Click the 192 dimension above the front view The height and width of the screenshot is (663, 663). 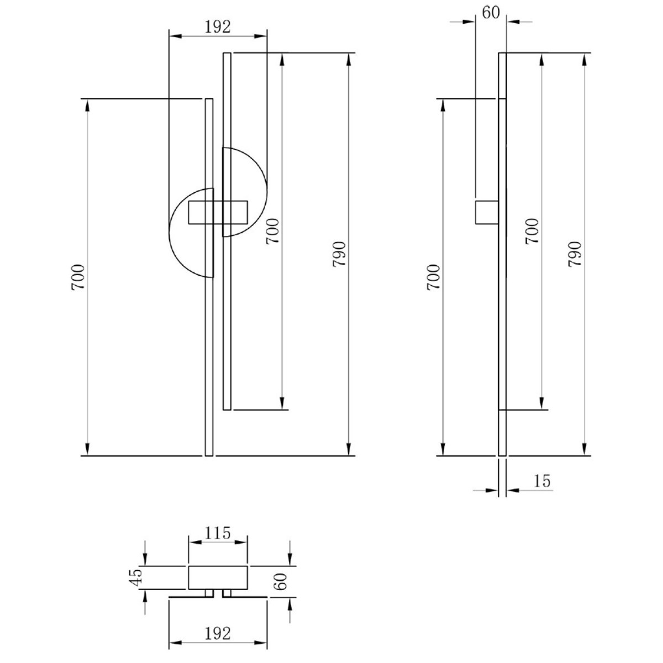(x=218, y=27)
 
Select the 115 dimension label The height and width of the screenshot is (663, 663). (x=218, y=534)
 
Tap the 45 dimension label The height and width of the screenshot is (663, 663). (x=136, y=577)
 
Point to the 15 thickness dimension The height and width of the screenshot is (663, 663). (x=542, y=481)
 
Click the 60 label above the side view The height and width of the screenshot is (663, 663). (x=491, y=13)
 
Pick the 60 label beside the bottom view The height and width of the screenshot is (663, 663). (x=281, y=581)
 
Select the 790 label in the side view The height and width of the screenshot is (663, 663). (x=574, y=254)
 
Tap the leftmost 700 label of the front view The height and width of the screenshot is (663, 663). (x=78, y=277)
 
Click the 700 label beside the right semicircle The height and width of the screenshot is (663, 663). (x=272, y=231)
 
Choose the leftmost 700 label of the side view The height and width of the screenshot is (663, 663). (x=433, y=277)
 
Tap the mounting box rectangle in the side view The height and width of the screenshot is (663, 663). (x=487, y=212)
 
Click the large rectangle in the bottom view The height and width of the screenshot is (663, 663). (x=218, y=577)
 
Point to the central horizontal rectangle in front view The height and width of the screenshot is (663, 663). (x=218, y=212)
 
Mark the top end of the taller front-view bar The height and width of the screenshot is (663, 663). (x=227, y=53)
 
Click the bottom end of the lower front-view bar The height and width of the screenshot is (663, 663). (x=209, y=455)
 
